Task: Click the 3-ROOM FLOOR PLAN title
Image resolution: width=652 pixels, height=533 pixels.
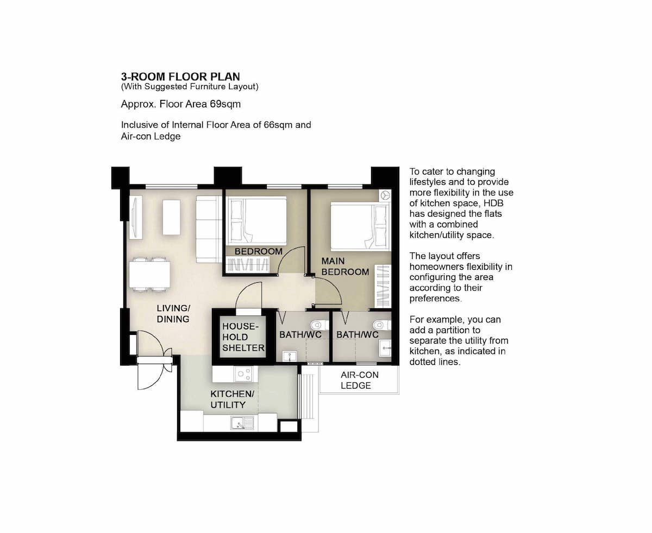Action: point(180,77)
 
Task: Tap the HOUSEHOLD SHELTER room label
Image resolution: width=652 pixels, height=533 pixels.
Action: point(243,337)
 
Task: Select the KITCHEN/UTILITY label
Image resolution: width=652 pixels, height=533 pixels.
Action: point(232,399)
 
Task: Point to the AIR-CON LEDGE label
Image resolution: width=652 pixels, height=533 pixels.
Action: point(359,380)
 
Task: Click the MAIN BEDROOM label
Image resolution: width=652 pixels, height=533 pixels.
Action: point(345,266)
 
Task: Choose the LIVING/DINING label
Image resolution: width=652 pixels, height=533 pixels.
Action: point(173,313)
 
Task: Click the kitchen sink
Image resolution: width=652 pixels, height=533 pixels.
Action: point(242,422)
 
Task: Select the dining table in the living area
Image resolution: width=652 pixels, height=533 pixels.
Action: point(149,275)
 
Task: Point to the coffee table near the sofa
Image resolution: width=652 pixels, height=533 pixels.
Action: point(171,217)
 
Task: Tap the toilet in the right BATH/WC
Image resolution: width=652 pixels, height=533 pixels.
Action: point(382,325)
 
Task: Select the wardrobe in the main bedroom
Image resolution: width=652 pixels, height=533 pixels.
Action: point(383,286)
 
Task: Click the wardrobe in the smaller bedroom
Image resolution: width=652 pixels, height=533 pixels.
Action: point(247,265)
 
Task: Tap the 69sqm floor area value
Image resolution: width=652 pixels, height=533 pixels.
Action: point(225,104)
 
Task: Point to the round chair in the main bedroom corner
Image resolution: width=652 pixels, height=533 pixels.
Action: point(385,195)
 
